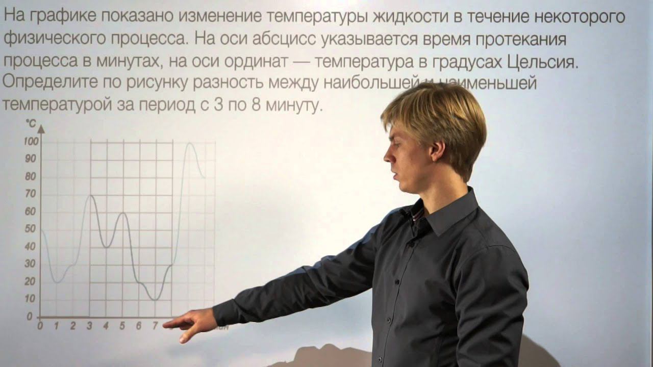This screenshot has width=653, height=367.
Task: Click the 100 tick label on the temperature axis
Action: pyautogui.click(x=31, y=142)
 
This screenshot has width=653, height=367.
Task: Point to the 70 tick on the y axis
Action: pyautogui.click(x=31, y=194)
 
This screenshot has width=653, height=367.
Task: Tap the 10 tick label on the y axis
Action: pyautogui.click(x=31, y=298)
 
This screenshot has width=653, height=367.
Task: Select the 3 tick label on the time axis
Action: pyautogui.click(x=90, y=326)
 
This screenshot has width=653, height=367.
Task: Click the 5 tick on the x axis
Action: pyautogui.click(x=122, y=326)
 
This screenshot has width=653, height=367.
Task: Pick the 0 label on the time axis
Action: pyautogui.click(x=40, y=326)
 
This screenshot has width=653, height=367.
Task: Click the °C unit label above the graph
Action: pyautogui.click(x=31, y=123)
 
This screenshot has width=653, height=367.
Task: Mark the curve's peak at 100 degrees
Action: pyautogui.click(x=190, y=143)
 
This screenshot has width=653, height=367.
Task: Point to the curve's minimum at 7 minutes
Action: pyautogui.click(x=156, y=299)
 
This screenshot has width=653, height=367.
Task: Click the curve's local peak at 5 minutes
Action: pyautogui.click(x=122, y=213)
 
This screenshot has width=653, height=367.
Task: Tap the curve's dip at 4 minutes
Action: pyautogui.click(x=106, y=247)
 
